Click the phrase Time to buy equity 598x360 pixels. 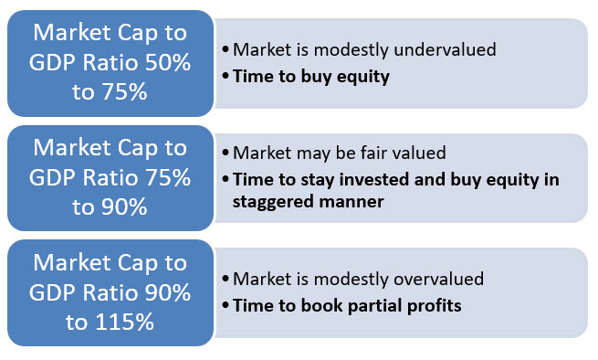point(312,77)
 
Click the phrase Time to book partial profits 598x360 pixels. point(348,305)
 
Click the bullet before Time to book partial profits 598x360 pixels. point(226,306)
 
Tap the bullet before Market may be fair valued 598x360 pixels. point(226,154)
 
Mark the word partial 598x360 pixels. point(376,305)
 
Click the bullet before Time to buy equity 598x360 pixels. point(226,78)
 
